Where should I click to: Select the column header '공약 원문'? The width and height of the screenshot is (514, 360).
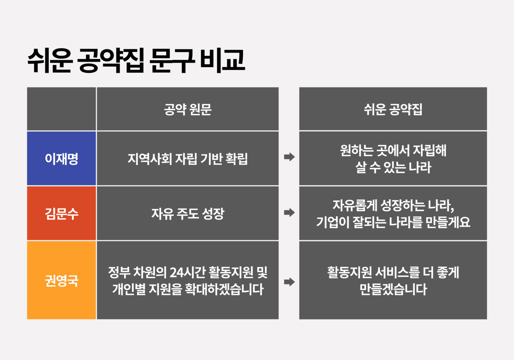coord(188,110)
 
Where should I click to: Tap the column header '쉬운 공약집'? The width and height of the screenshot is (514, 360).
coord(393,110)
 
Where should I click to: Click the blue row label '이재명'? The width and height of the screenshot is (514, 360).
coord(61,159)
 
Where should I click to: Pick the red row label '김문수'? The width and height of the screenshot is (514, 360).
coord(61,213)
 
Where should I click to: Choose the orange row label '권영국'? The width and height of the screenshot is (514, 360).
coord(61,280)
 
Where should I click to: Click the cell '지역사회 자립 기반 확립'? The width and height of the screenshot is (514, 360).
coord(188,159)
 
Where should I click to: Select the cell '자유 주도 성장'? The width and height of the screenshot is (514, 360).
coord(188,213)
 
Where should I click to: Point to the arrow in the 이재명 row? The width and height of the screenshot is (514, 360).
coord(289,157)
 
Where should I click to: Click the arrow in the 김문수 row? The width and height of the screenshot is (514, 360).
coord(289,213)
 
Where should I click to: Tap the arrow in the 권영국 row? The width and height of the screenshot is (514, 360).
coord(289,282)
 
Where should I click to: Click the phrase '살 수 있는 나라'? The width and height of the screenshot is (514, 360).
coord(393,168)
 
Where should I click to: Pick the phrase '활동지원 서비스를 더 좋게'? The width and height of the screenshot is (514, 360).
coord(393,273)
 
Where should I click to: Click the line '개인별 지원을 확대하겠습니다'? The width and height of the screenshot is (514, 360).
coord(188,289)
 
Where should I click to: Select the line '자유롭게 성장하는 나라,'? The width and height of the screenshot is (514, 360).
coord(393,205)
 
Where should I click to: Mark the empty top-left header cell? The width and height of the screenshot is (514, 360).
coord(61,109)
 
